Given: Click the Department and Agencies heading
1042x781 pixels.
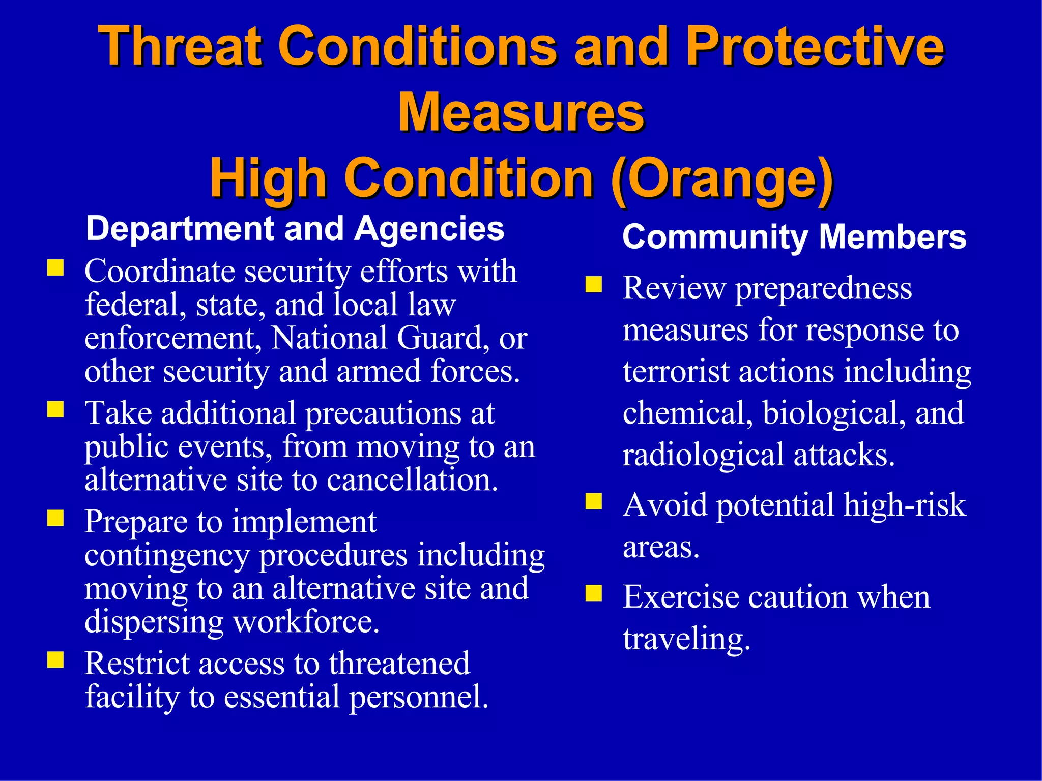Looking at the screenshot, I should pyautogui.click(x=295, y=229).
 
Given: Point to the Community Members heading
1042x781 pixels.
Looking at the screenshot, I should pyautogui.click(x=794, y=237).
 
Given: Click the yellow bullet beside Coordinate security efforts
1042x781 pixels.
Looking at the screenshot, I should pyautogui.click(x=55, y=268).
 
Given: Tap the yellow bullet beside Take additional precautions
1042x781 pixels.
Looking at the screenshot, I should pyautogui.click(x=55, y=409).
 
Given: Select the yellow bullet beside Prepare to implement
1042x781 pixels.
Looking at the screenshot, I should pyautogui.click(x=55, y=518).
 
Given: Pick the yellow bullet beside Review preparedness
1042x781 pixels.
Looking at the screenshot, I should pyautogui.click(x=593, y=284).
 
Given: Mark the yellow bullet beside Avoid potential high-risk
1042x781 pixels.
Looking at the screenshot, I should pyautogui.click(x=593, y=501).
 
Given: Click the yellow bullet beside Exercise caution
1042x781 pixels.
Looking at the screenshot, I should pyautogui.click(x=593, y=593).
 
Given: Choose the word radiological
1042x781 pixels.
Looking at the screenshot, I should pyautogui.click(x=703, y=455).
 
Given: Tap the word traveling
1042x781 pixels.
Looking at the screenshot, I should pyautogui.click(x=686, y=639).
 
